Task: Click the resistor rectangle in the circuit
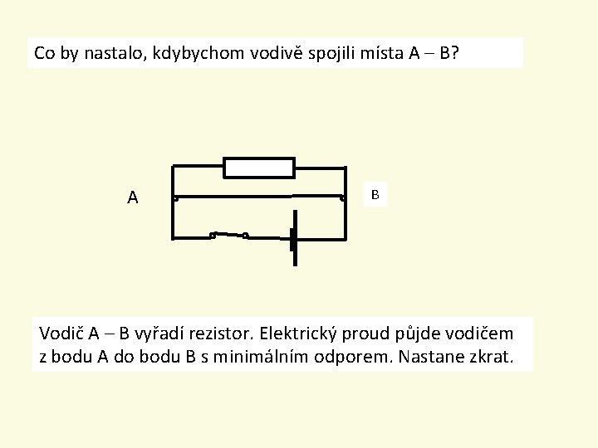click(x=259, y=168)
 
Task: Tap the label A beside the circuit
click(x=133, y=197)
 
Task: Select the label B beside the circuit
click(x=375, y=194)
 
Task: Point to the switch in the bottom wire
click(x=228, y=234)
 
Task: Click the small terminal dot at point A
click(x=175, y=198)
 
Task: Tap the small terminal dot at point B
click(x=342, y=198)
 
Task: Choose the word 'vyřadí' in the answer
click(x=160, y=334)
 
